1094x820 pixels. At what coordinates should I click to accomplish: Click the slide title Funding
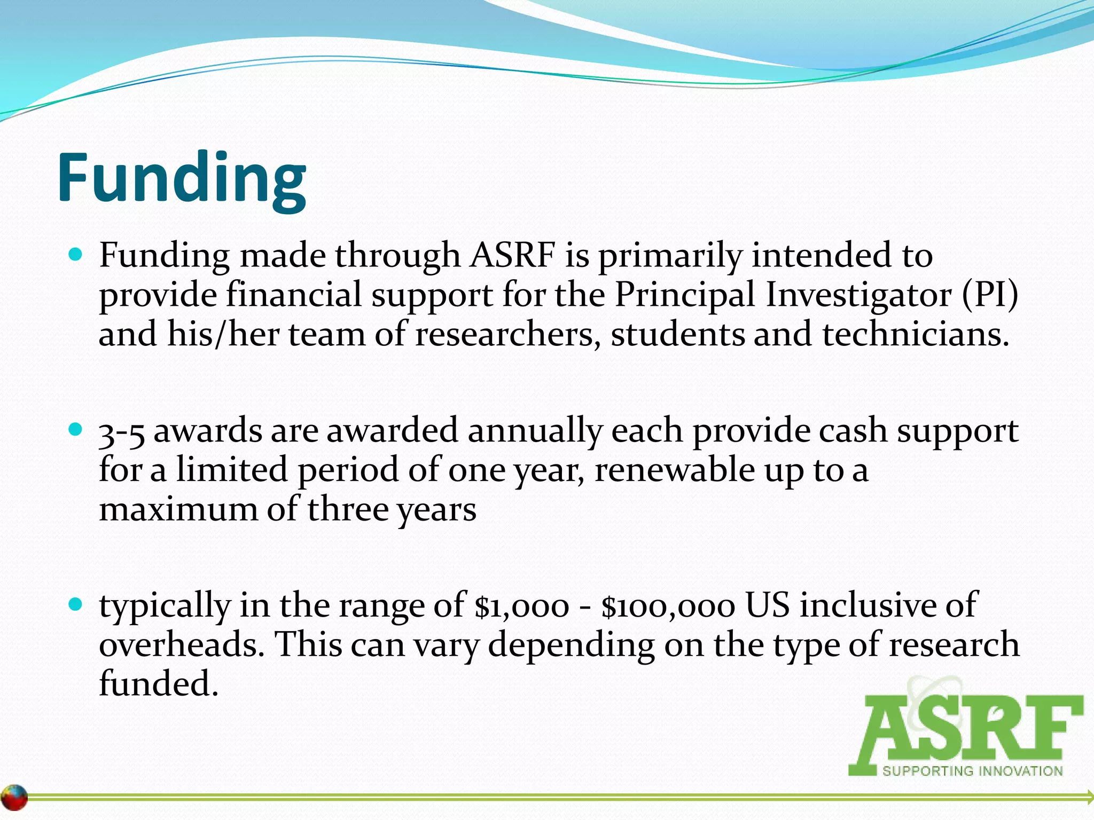pyautogui.click(x=182, y=179)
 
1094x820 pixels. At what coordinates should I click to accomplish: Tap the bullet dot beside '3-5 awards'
pyautogui.click(x=76, y=429)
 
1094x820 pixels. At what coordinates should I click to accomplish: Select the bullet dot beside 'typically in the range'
pyautogui.click(x=76, y=604)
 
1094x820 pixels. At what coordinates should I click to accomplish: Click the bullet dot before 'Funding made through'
pyautogui.click(x=76, y=254)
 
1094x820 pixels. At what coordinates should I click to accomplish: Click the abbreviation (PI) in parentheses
pyautogui.click(x=990, y=295)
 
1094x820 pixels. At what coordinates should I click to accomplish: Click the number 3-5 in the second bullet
pyautogui.click(x=122, y=431)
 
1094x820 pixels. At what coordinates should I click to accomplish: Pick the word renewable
pyautogui.click(x=674, y=470)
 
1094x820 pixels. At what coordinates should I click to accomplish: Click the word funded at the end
pyautogui.click(x=159, y=684)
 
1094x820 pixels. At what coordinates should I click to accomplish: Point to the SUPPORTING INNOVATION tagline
pyautogui.click(x=972, y=771)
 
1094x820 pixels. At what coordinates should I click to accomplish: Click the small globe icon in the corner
pyautogui.click(x=14, y=798)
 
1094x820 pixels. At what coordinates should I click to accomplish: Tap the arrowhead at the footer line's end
pyautogui.click(x=1089, y=797)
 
